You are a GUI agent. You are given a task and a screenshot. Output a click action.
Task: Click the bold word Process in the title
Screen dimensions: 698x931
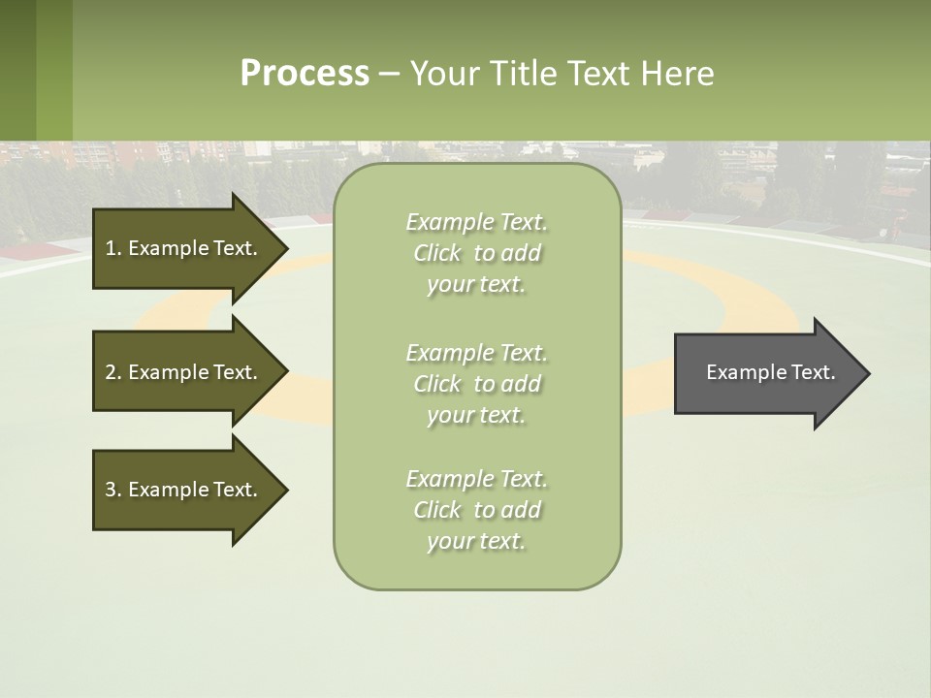(305, 74)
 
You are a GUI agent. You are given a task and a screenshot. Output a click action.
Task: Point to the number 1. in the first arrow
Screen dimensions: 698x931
(113, 248)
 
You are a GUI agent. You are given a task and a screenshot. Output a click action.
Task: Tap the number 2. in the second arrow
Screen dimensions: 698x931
(113, 372)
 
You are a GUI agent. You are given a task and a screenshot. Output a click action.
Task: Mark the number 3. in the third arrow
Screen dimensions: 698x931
(113, 490)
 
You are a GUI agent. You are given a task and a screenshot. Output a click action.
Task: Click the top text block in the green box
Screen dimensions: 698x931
(477, 253)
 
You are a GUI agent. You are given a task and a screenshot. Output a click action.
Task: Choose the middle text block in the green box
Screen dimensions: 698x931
(477, 384)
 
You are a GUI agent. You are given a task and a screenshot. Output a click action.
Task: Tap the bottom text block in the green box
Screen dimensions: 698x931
(477, 510)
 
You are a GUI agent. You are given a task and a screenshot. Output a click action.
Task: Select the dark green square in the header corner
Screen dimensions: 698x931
(17, 70)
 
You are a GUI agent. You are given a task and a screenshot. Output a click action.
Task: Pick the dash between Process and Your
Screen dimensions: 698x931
(389, 74)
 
